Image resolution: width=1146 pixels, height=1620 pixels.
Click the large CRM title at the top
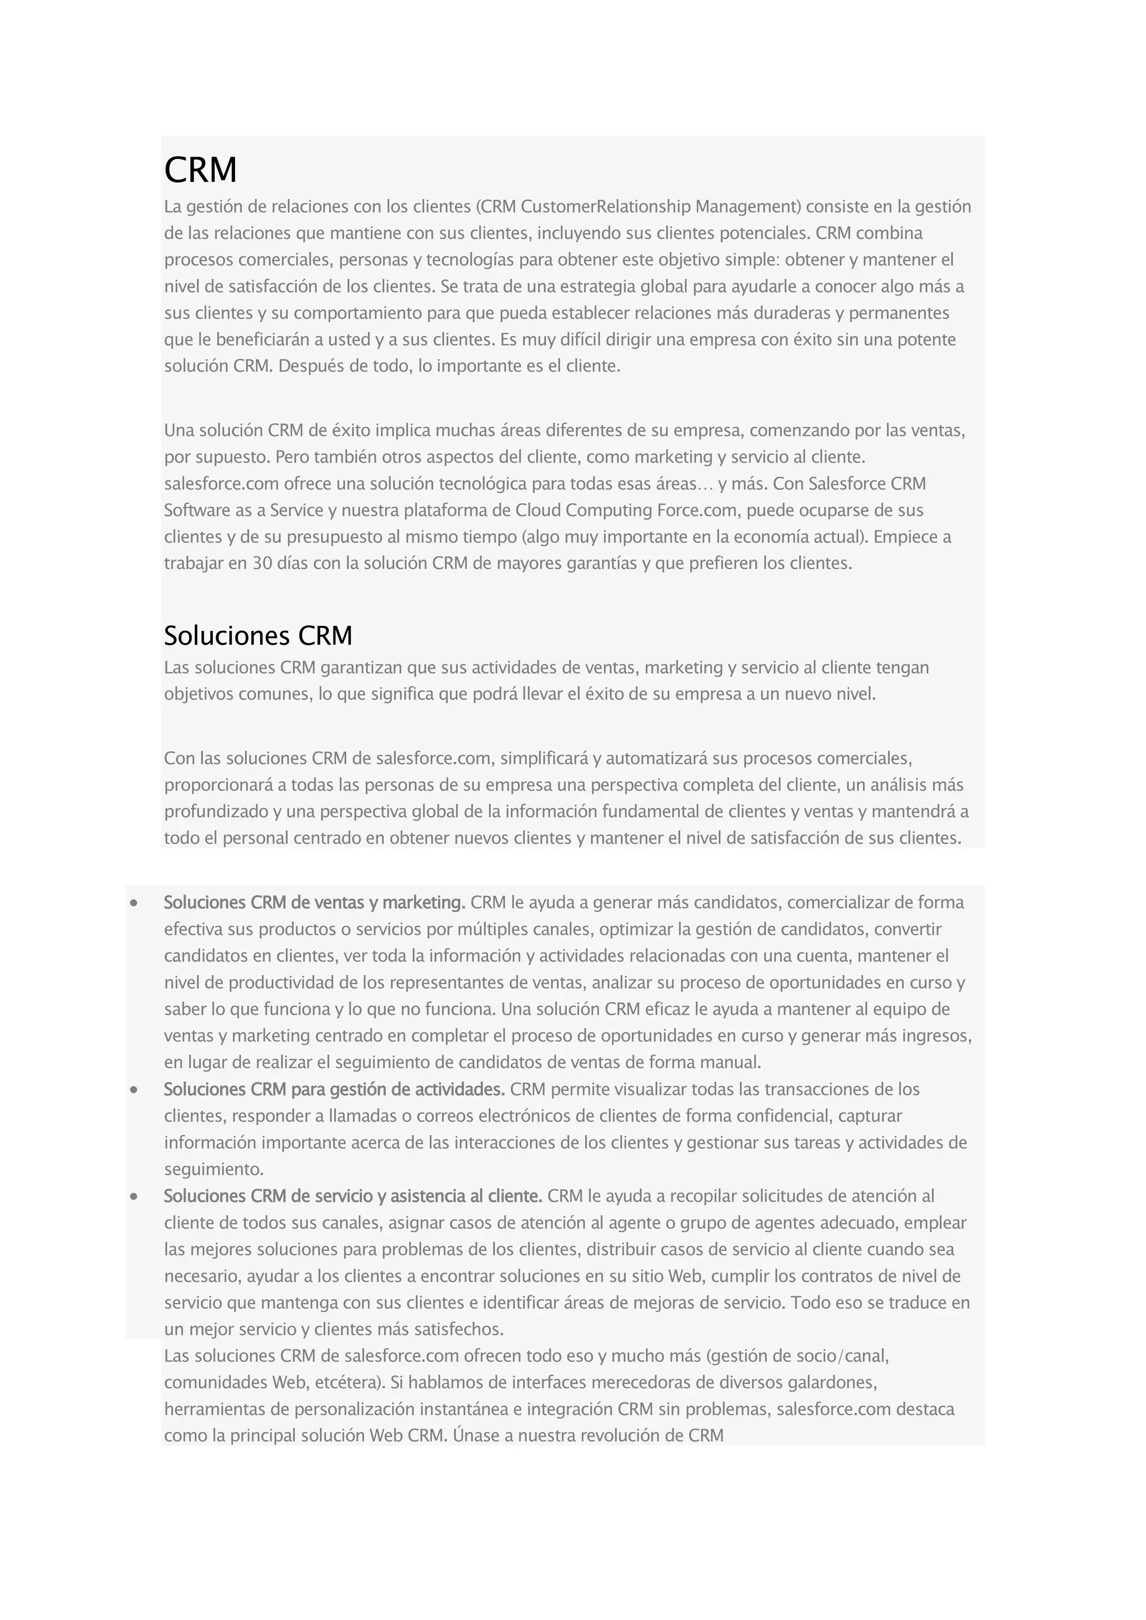pyautogui.click(x=200, y=170)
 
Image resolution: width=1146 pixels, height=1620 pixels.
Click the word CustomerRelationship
pyautogui.click(x=605, y=207)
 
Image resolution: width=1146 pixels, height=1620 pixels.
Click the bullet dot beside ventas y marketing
pyautogui.click(x=133, y=903)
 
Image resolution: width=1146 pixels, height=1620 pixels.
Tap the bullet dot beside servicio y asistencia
pyautogui.click(x=133, y=1197)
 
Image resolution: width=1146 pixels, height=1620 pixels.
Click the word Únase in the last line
pyautogui.click(x=476, y=1435)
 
